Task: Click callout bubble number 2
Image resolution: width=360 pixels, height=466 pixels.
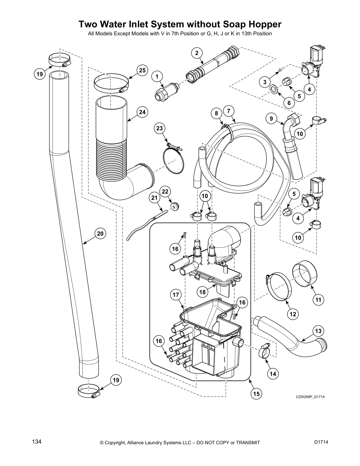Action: (196, 53)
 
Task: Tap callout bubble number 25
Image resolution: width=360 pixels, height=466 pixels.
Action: (142, 70)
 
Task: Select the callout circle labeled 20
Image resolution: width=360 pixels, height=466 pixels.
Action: (100, 234)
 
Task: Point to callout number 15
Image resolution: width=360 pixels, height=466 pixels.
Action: (256, 394)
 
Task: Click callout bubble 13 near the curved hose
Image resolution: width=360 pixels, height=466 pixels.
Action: (318, 331)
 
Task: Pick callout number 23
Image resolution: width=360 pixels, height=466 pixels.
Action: (159, 128)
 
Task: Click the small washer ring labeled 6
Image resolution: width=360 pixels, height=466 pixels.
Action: (274, 89)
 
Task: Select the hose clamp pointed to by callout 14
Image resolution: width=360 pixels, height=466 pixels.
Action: (264, 351)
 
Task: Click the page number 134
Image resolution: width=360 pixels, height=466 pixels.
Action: (37, 442)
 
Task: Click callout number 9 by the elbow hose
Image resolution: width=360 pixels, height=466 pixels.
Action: (271, 119)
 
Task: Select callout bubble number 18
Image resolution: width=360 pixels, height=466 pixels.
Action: (202, 292)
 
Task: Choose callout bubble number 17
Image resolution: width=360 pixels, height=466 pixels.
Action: (176, 295)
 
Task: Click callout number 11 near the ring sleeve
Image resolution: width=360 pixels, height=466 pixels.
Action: (318, 300)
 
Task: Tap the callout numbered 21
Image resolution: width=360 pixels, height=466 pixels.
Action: (155, 198)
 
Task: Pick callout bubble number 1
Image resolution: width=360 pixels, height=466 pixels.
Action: (157, 76)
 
